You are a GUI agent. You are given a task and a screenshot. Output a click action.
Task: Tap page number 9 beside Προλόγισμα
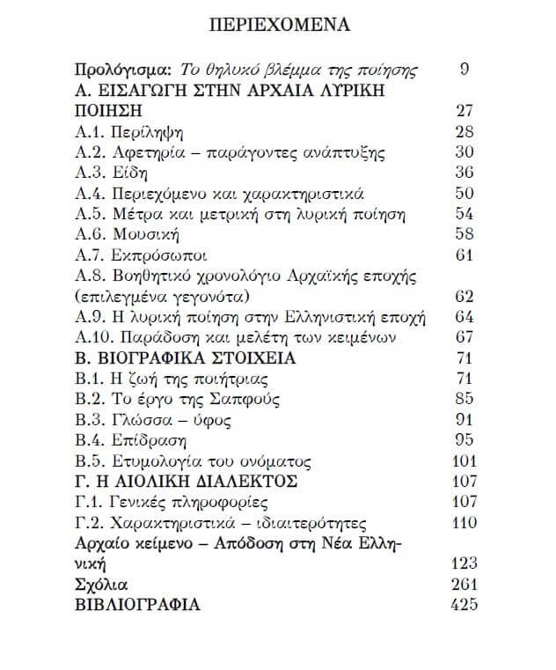(464, 69)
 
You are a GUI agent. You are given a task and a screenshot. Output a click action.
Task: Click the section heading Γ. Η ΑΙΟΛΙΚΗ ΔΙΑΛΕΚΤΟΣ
(198, 481)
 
